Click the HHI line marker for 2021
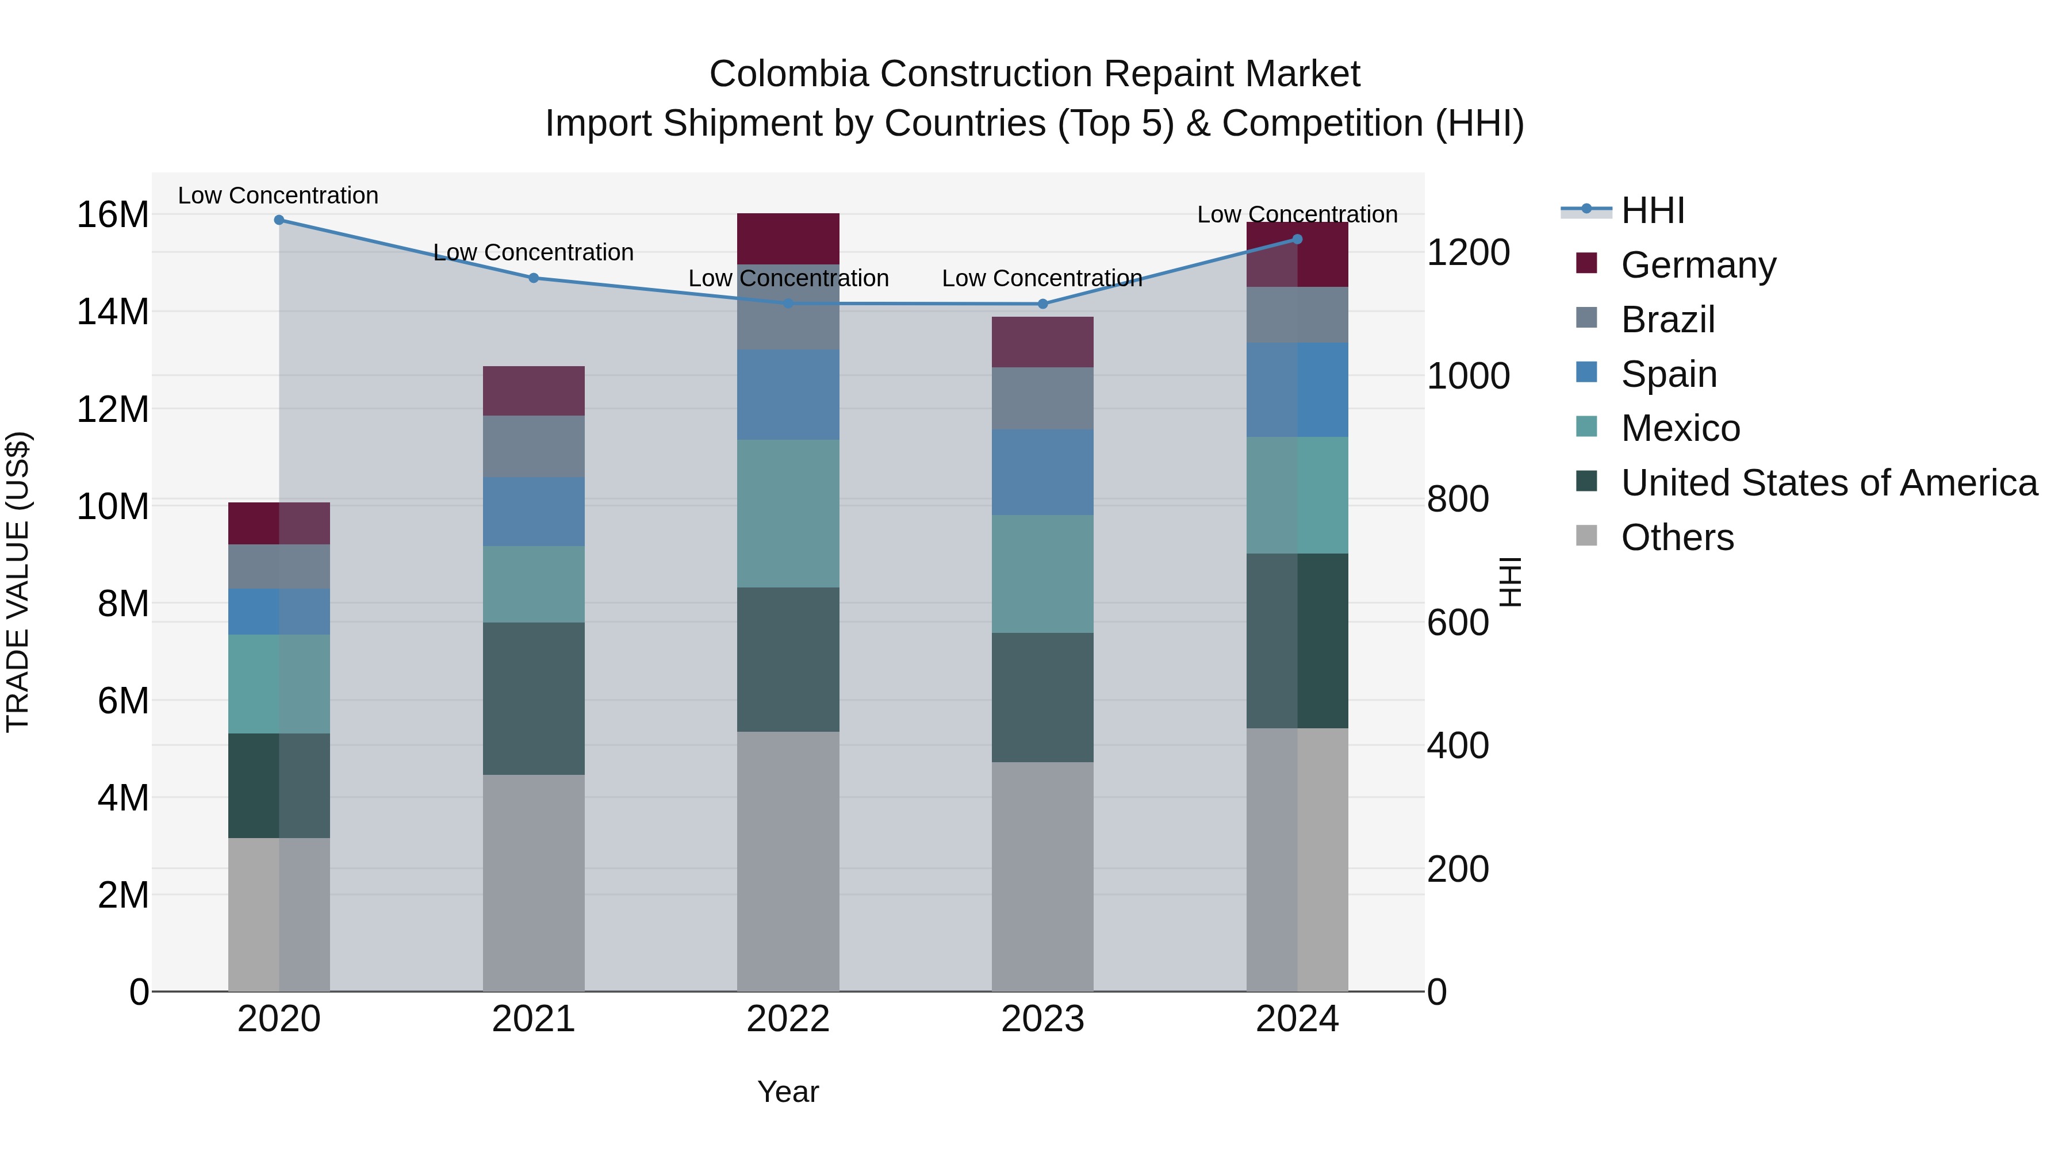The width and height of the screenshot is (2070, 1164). coord(534,278)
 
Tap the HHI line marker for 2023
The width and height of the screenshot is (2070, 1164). coord(1042,304)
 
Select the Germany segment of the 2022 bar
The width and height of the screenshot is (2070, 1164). coord(788,239)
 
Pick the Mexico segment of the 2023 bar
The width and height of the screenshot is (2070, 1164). coord(1042,574)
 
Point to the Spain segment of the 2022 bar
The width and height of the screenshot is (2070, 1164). coord(788,394)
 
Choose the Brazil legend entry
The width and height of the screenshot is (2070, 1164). coord(1667,320)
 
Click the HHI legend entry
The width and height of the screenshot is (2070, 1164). coord(1652,210)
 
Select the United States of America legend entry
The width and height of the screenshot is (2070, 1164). coord(1828,483)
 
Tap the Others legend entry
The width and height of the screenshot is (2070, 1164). coord(1677,537)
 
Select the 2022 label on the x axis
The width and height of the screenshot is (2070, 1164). coord(788,1019)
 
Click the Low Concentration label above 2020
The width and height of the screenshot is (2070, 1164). coord(278,195)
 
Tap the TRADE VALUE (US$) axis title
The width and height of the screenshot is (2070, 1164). coord(18,582)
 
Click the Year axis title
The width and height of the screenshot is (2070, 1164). coord(788,1092)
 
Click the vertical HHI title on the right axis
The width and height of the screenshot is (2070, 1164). coord(1510,582)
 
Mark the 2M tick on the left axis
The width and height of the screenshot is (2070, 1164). coord(122,895)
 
